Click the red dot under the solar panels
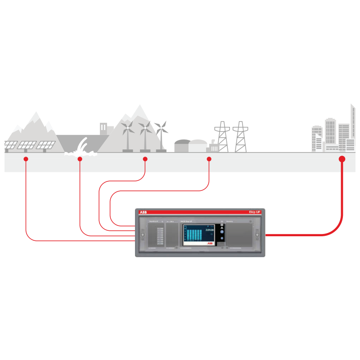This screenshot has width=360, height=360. click(26, 159)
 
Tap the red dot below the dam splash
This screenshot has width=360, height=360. click(80, 159)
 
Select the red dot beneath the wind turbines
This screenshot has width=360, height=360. click(145, 159)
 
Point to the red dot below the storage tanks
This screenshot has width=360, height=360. click(209, 159)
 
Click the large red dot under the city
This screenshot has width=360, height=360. click(342, 159)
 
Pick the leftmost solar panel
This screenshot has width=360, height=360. click(11, 145)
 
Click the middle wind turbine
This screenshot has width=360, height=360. click(145, 135)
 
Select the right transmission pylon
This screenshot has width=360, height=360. click(241, 137)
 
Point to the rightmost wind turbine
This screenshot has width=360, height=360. click(161, 135)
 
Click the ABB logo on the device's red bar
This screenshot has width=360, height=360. click(143, 212)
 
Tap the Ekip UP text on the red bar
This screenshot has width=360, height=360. click(255, 212)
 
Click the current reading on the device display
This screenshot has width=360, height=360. click(210, 230)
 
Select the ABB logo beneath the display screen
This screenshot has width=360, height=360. click(210, 243)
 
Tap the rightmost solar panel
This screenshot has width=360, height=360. click(46, 145)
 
